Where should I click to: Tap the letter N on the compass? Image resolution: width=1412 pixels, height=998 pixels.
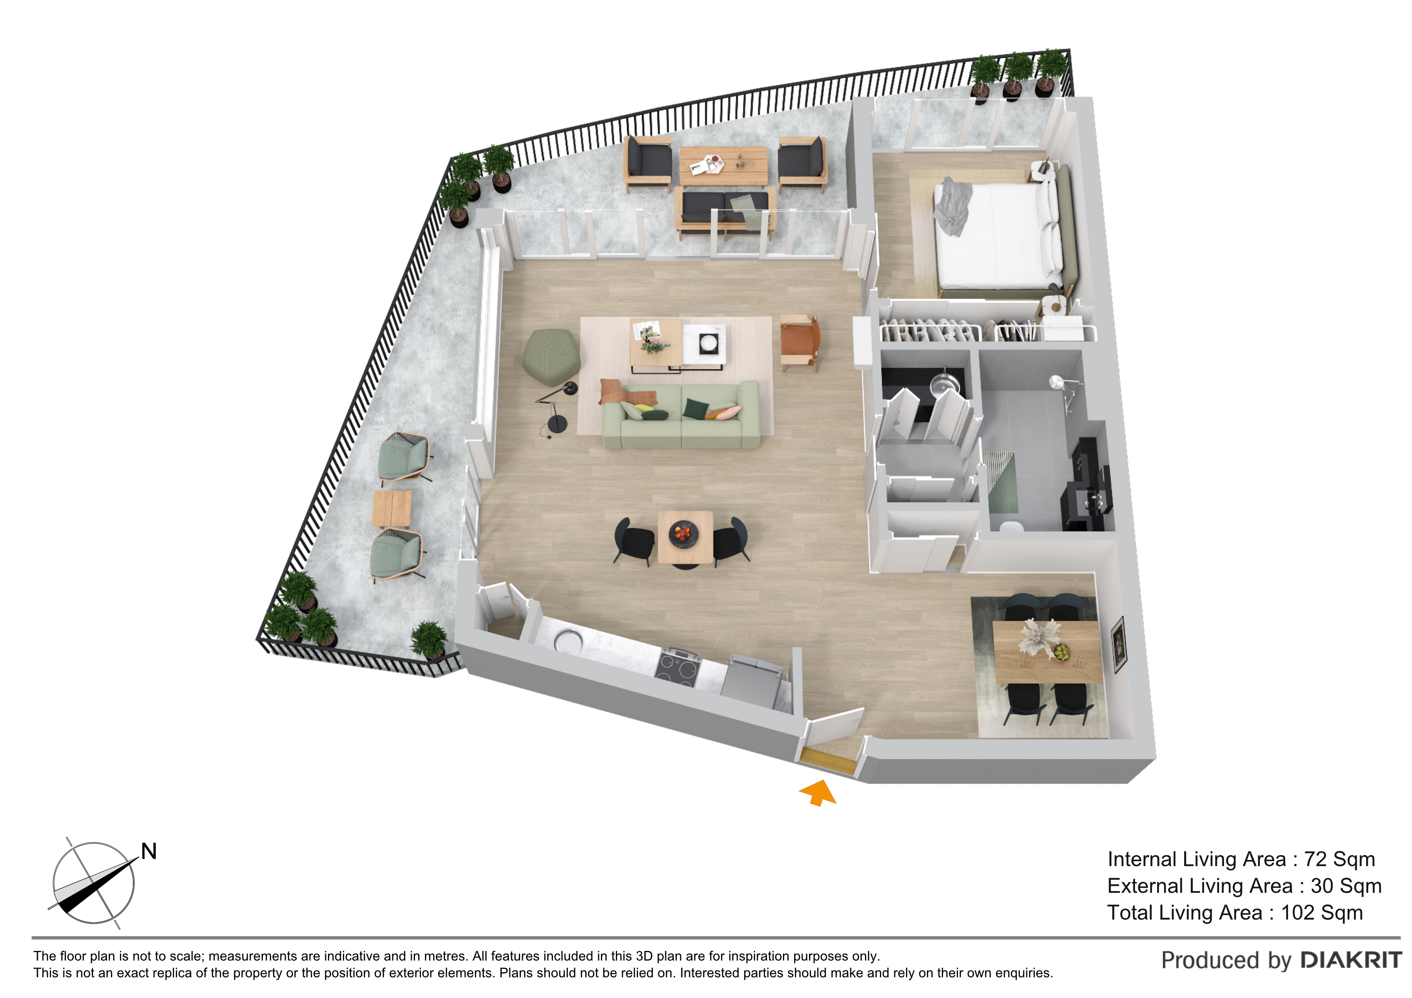point(149,851)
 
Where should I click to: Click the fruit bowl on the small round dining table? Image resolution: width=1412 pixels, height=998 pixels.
point(683,532)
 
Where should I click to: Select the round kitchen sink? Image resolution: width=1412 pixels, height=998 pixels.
point(568,641)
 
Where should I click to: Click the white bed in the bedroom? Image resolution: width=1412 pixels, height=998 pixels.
point(999,236)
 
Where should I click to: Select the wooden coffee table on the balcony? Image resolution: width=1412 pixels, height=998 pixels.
point(723,165)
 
